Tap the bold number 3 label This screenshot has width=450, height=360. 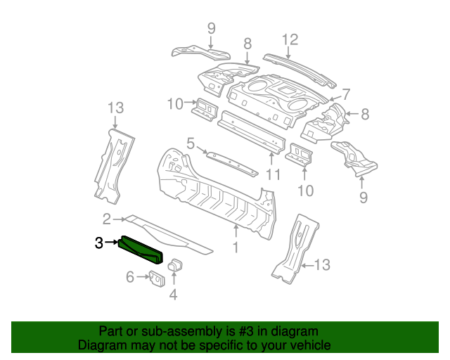click(x=99, y=243)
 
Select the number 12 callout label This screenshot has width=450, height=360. click(x=290, y=39)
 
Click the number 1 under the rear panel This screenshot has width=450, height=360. click(x=236, y=247)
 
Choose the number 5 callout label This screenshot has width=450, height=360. click(x=191, y=144)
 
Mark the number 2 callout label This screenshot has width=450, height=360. click(x=107, y=218)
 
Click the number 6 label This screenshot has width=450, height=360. click(x=129, y=278)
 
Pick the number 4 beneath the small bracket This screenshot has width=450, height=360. click(x=173, y=295)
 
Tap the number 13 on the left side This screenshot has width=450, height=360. click(x=115, y=108)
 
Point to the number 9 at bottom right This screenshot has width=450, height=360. click(x=363, y=198)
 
